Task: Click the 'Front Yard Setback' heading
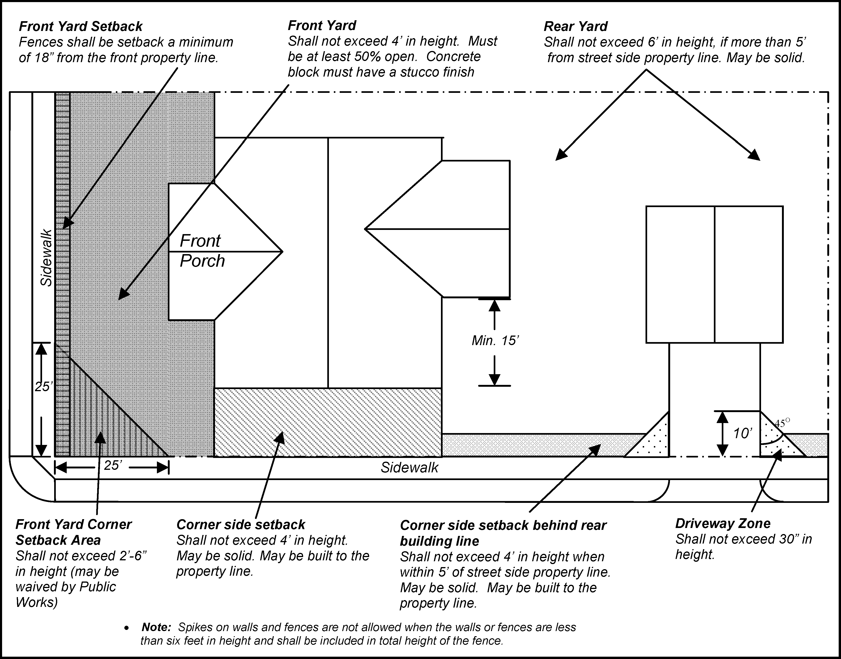pos(81,26)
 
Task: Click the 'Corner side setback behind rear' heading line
pos(503,525)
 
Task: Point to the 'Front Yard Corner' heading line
pos(73,524)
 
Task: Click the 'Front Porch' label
pos(201,251)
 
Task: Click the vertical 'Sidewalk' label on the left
pos(46,258)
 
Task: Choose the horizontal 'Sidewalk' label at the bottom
pos(409,468)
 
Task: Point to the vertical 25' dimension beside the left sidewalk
pos(43,387)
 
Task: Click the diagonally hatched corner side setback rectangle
pos(328,423)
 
